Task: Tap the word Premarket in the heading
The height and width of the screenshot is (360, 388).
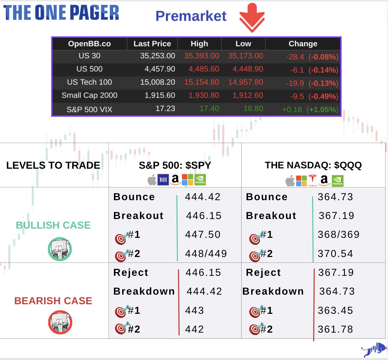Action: pyautogui.click(x=191, y=16)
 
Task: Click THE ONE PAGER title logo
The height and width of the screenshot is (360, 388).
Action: pyautogui.click(x=61, y=13)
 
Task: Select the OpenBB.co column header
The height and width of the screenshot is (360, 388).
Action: pyautogui.click(x=89, y=44)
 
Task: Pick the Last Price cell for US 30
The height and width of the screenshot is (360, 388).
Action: pyautogui.click(x=157, y=56)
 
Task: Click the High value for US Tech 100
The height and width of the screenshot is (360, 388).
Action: pyautogui.click(x=202, y=82)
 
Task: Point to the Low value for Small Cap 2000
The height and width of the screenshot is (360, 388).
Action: pyautogui.click(x=248, y=96)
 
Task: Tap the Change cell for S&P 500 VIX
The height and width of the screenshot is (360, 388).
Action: pyautogui.click(x=310, y=110)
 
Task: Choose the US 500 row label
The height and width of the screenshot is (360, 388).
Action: pyautogui.click(x=89, y=69)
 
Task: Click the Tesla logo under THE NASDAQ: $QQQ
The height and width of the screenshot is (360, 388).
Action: pyautogui.click(x=312, y=180)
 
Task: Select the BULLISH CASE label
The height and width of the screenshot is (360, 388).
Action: pyautogui.click(x=53, y=225)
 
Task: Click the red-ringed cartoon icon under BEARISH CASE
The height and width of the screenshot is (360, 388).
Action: pyautogui.click(x=60, y=322)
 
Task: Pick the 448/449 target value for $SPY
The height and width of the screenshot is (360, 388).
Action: pyautogui.click(x=206, y=254)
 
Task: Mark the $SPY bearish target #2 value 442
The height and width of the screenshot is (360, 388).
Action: pyautogui.click(x=194, y=329)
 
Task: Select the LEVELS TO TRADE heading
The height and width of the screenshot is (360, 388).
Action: pyautogui.click(x=53, y=166)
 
